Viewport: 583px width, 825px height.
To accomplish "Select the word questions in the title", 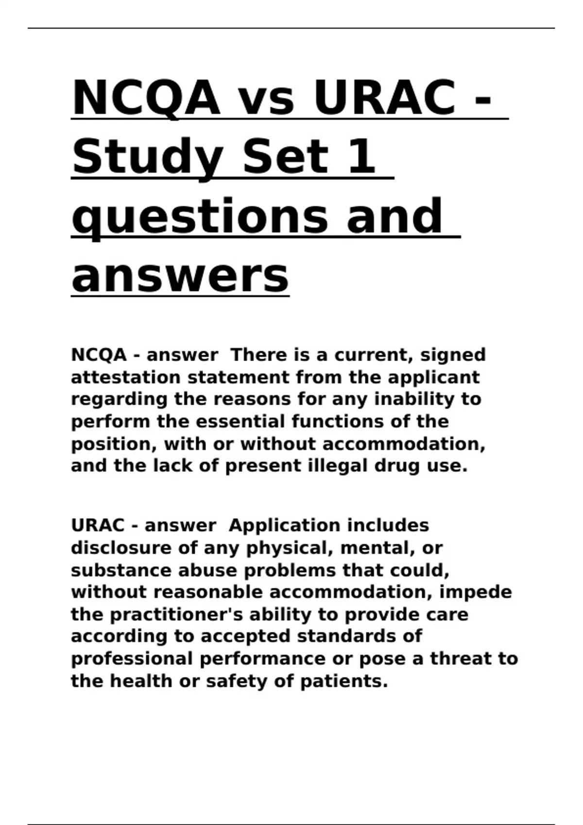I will pos(200,217).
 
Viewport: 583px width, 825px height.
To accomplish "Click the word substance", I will pos(121,570).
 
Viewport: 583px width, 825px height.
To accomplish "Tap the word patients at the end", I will pos(343,681).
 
